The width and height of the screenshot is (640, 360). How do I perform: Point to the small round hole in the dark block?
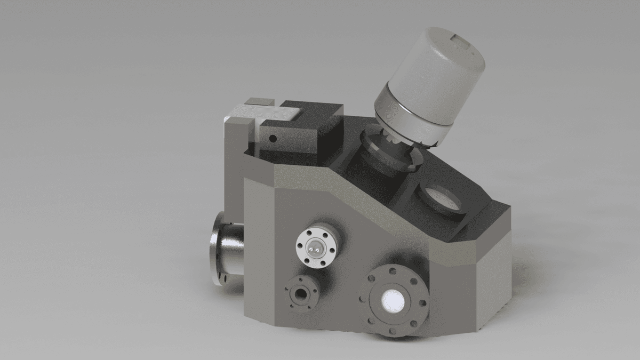pyautogui.click(x=273, y=139)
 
